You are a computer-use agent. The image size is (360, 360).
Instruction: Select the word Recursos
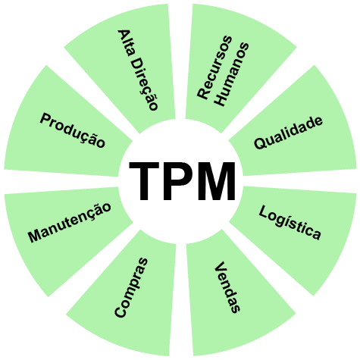pos(214,67)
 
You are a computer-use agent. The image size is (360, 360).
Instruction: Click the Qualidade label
pos(288,133)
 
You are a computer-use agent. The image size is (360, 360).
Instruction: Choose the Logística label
pos(290,223)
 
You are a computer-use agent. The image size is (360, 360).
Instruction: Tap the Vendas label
pos(227,287)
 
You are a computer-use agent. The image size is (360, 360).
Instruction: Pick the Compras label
pos(131,287)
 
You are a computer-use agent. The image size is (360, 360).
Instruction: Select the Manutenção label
pos(70,223)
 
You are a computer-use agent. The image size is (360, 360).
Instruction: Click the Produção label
pos(72,130)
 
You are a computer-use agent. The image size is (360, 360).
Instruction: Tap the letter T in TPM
pos(144,181)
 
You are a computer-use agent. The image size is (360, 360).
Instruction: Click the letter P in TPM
pos(178,181)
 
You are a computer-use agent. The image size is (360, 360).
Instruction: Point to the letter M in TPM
pos(216,181)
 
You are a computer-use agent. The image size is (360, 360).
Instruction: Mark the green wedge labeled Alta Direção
pos(127,63)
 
